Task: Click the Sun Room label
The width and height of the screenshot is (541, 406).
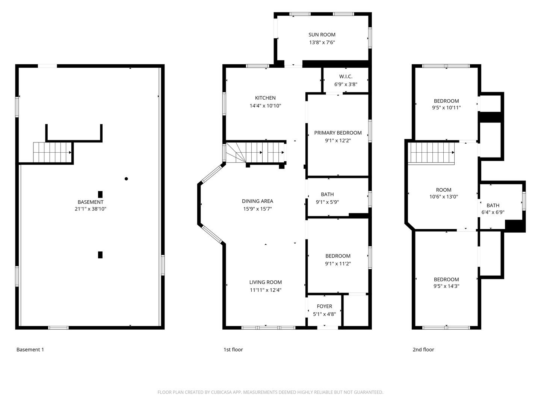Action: pyautogui.click(x=322, y=35)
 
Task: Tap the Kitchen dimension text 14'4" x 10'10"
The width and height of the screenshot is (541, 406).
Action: pyautogui.click(x=265, y=106)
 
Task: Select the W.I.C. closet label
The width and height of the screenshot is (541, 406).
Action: pyautogui.click(x=346, y=77)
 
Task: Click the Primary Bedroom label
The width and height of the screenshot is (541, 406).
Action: pyautogui.click(x=338, y=133)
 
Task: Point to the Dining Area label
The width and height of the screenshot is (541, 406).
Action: pyautogui.click(x=257, y=201)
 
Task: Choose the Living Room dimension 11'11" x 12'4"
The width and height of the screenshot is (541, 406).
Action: pyautogui.click(x=266, y=290)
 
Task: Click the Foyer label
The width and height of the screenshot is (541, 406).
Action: pyautogui.click(x=324, y=306)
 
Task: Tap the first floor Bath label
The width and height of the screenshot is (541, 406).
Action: pyautogui.click(x=327, y=194)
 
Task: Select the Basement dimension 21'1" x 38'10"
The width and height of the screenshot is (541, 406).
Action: pyautogui.click(x=91, y=209)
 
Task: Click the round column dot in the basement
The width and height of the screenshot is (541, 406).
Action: pyautogui.click(x=126, y=179)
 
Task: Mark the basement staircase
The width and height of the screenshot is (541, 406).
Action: pyautogui.click(x=53, y=152)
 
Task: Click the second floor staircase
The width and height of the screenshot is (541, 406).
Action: pyautogui.click(x=431, y=153)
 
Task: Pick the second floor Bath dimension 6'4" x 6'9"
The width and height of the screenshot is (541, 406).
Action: pyautogui.click(x=493, y=212)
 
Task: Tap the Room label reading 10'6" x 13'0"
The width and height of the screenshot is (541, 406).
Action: pyautogui.click(x=444, y=190)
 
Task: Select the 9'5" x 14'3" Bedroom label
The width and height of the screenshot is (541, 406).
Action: pyautogui.click(x=446, y=279)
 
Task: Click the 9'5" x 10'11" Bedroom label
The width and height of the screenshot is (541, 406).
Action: pyautogui.click(x=446, y=101)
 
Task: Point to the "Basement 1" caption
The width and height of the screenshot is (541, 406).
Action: pyautogui.click(x=30, y=350)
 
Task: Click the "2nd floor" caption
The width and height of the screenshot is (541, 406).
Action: pyautogui.click(x=423, y=350)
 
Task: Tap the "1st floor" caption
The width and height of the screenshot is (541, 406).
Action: pyautogui.click(x=233, y=350)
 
